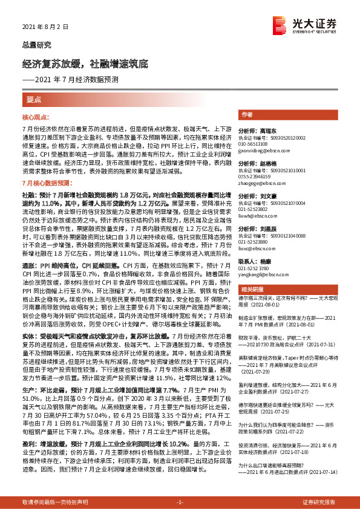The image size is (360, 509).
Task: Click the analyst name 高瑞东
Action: coord(266,130)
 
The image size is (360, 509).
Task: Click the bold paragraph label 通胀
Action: coord(28,265)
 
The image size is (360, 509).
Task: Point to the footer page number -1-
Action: coord(179,502)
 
